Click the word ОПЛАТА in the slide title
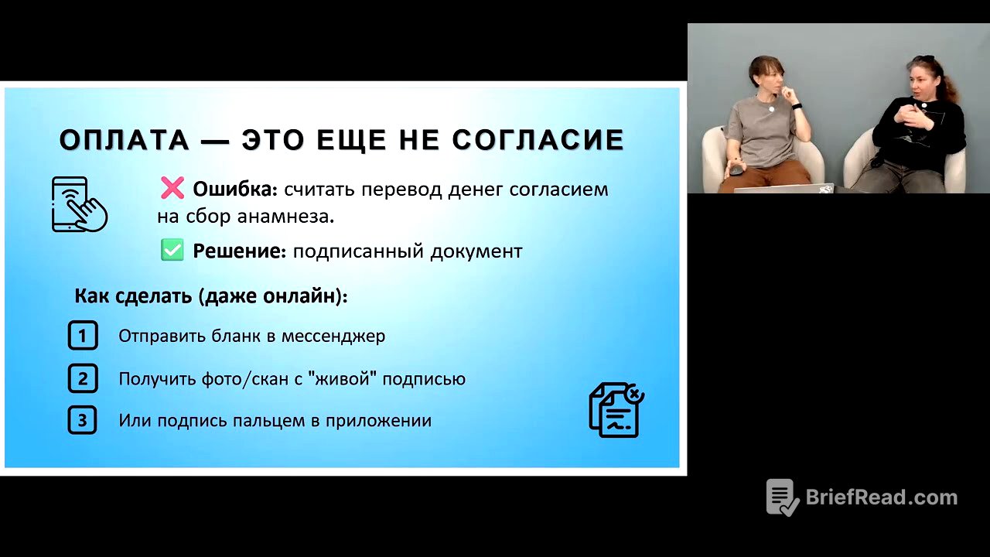click(x=124, y=140)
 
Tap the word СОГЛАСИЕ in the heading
click(x=538, y=140)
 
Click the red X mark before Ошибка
click(x=172, y=188)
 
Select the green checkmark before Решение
click(x=172, y=251)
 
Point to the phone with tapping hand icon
click(x=78, y=204)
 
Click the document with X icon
click(x=616, y=410)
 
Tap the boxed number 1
click(x=83, y=336)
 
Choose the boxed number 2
click(x=83, y=379)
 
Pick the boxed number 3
click(x=83, y=421)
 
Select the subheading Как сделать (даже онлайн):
click(x=211, y=296)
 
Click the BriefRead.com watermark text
click(x=881, y=497)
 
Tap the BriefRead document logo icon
click(x=782, y=497)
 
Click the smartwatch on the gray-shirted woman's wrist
click(x=797, y=106)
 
